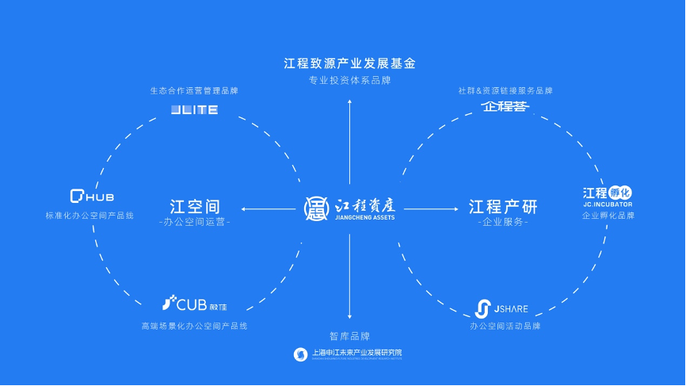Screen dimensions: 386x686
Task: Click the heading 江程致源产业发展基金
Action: [349, 63]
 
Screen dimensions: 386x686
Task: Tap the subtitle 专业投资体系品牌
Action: [349, 80]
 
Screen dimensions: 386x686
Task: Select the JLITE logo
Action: [194, 109]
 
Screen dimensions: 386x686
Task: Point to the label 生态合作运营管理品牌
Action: [194, 90]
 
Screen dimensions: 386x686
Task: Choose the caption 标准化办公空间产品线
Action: [90, 216]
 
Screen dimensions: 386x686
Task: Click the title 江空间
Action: [194, 206]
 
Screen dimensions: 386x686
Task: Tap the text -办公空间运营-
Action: [194, 223]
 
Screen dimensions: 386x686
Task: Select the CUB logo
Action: [193, 303]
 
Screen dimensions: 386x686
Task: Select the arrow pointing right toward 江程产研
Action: [432, 209]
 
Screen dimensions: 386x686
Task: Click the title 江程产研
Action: [503, 206]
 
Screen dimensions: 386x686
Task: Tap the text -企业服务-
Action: [503, 223]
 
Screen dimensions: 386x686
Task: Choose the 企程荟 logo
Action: [505, 106]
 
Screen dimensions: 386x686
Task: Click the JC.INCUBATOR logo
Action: [608, 196]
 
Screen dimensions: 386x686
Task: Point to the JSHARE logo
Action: [501, 308]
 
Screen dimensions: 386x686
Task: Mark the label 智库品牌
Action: [349, 336]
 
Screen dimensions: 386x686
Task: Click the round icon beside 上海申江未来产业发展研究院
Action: [300, 354]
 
